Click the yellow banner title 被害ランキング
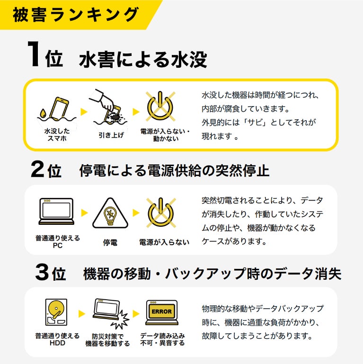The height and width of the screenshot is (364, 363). point(76,15)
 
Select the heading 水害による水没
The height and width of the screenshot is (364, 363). point(143,60)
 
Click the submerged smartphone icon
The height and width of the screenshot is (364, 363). point(59,108)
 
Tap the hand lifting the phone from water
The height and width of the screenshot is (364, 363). point(102,100)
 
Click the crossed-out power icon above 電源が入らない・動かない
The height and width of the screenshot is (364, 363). point(160,106)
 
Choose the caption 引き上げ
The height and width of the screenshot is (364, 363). point(111,135)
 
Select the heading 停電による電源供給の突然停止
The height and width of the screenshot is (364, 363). point(174,170)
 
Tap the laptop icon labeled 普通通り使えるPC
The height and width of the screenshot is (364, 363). point(56,211)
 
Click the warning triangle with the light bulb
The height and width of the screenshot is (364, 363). point(110,213)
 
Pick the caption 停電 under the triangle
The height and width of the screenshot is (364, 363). point(110,243)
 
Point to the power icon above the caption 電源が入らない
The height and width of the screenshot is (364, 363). point(161,213)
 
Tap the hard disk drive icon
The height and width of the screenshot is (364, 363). point(56,312)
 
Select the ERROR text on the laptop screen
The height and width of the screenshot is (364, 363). point(162,311)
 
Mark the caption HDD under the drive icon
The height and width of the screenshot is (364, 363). point(57,343)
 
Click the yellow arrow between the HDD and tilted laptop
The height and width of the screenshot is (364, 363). point(82,314)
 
